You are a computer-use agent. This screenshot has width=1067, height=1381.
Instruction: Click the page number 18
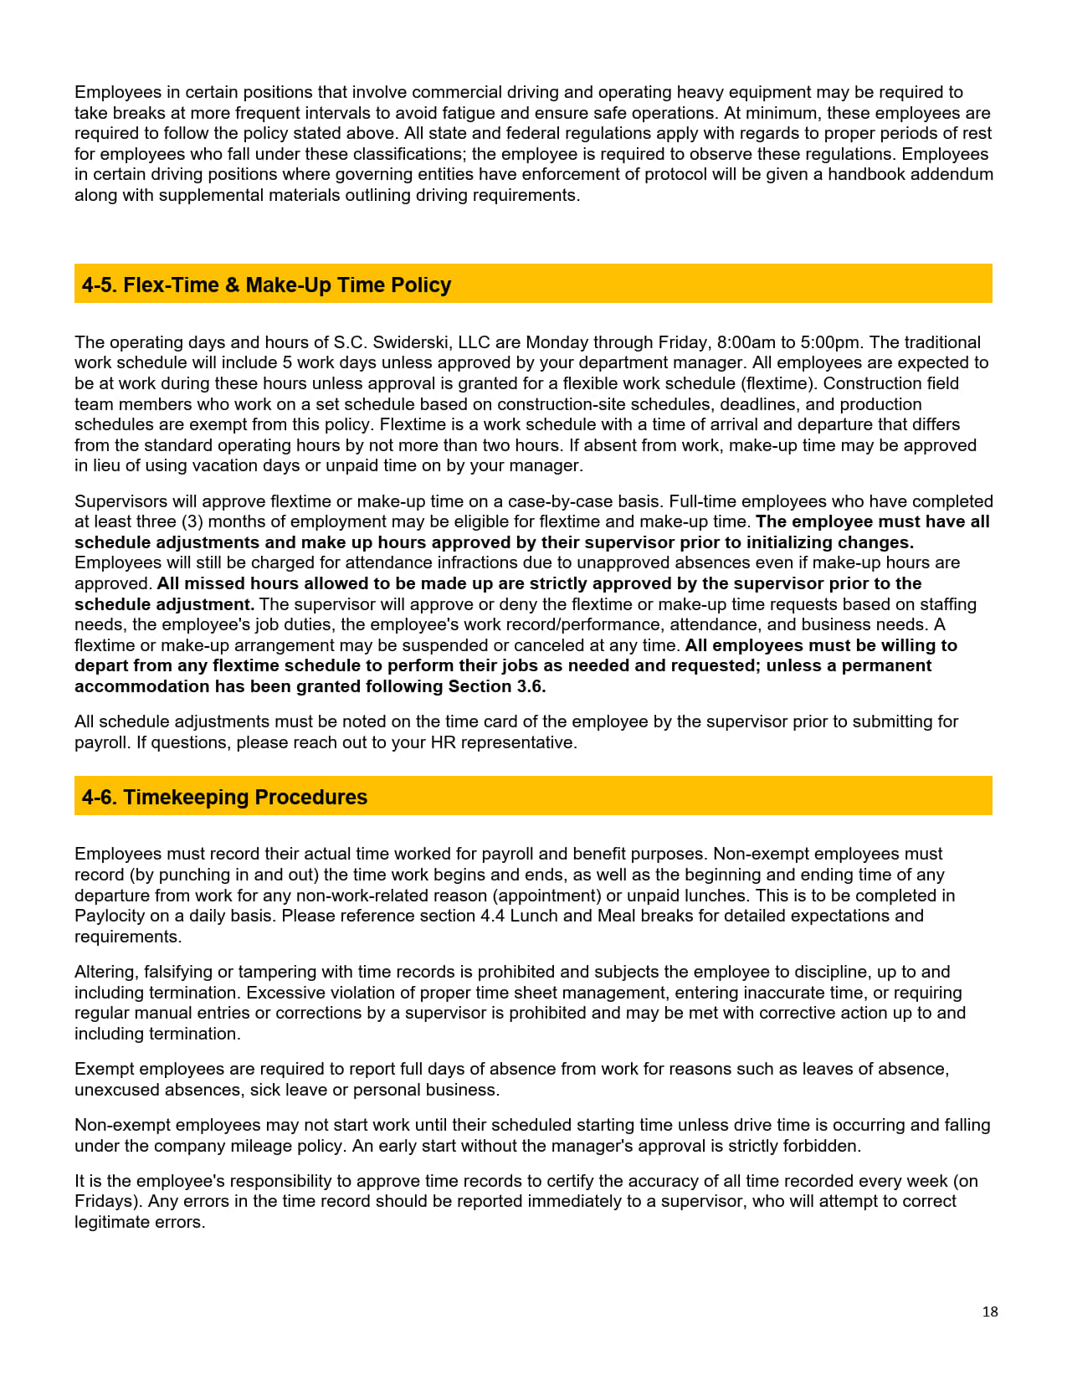point(990,1312)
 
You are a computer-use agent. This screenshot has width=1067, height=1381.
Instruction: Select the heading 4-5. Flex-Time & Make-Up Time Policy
point(266,285)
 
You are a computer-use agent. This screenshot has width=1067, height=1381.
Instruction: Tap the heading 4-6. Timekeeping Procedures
point(224,797)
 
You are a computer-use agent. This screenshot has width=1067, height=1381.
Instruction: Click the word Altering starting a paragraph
point(106,972)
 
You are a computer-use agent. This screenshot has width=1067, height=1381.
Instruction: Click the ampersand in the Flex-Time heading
point(233,285)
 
